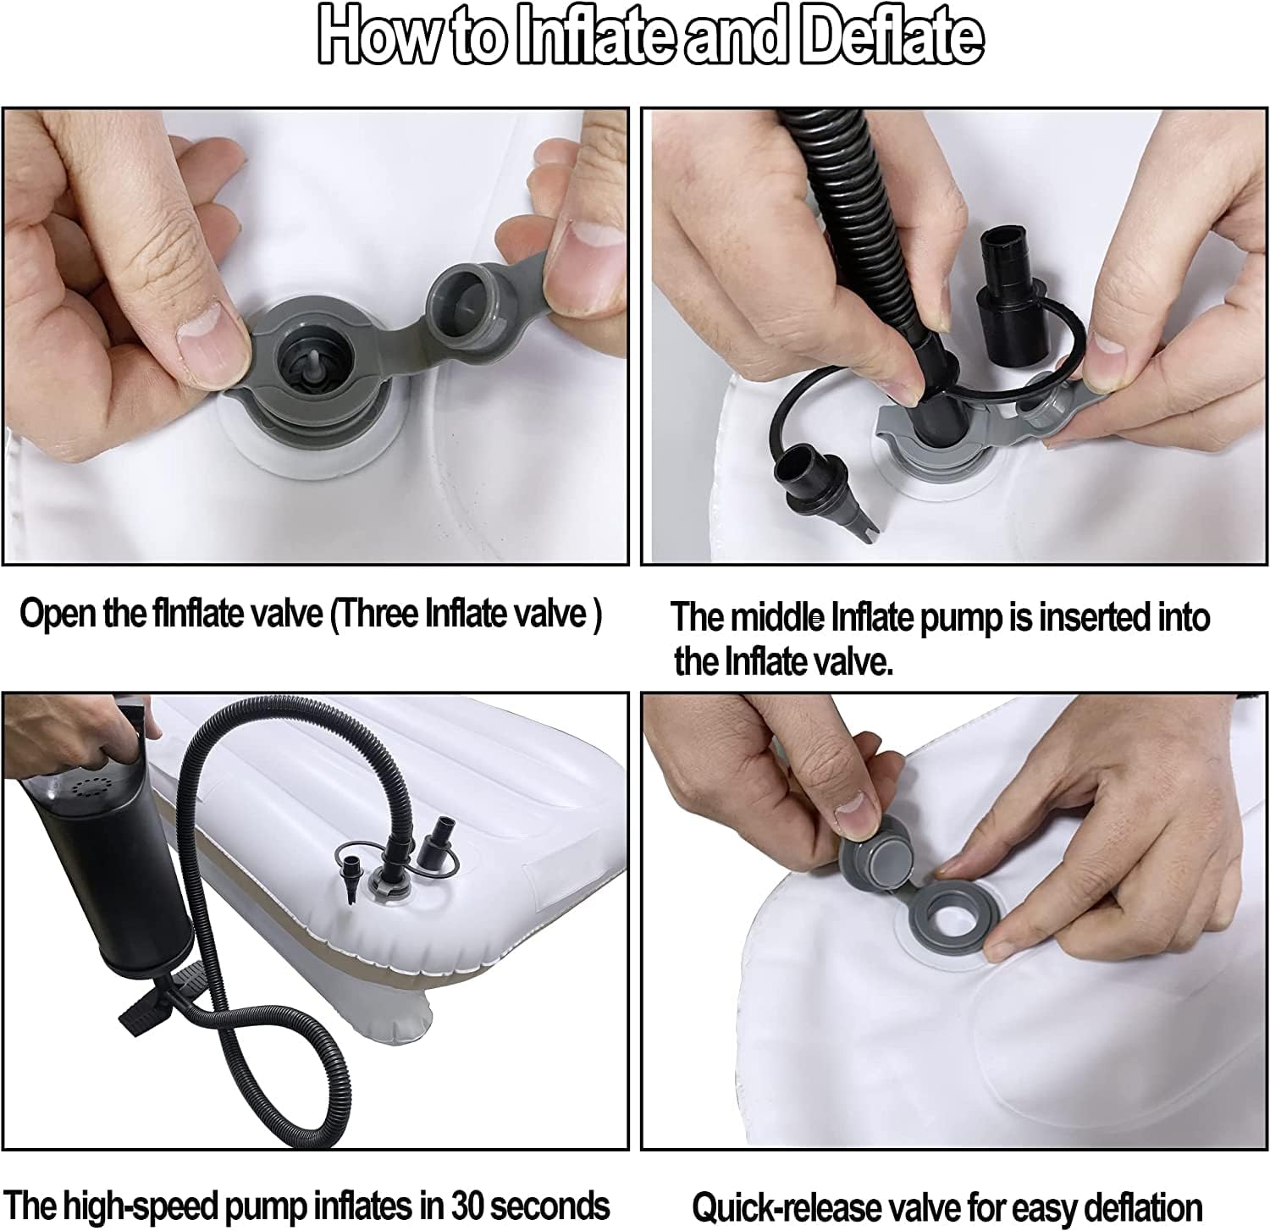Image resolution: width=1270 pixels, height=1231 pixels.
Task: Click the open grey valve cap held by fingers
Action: [462, 298]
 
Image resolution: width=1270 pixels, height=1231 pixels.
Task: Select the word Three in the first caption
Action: [381, 613]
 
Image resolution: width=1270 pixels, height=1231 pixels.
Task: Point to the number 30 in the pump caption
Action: [465, 1205]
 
